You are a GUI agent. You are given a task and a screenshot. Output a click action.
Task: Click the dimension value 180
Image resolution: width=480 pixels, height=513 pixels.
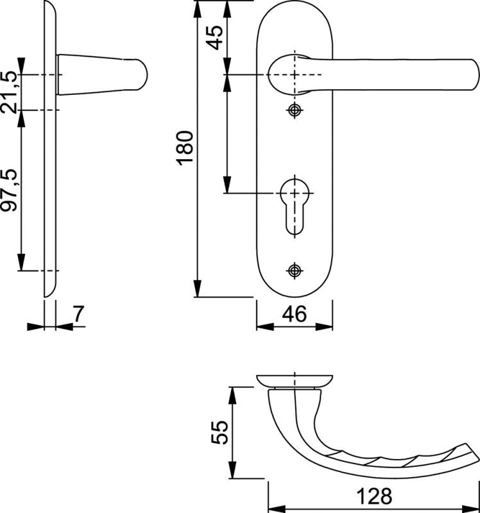click(x=185, y=148)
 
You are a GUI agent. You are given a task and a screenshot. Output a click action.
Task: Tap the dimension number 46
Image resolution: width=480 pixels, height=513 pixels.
click(x=295, y=314)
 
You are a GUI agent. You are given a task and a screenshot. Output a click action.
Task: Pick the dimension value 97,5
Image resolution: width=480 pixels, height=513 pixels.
click(x=8, y=191)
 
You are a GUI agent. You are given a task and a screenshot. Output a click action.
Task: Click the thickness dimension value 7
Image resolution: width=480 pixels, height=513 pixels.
click(x=78, y=314)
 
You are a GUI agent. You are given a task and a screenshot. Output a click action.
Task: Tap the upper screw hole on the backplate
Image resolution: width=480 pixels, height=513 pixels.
click(x=295, y=111)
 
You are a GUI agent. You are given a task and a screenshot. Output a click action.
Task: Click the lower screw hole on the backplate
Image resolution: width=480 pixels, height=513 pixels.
click(x=295, y=270)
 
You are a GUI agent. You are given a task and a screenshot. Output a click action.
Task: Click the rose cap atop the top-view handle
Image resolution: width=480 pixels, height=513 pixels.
click(x=294, y=380)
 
